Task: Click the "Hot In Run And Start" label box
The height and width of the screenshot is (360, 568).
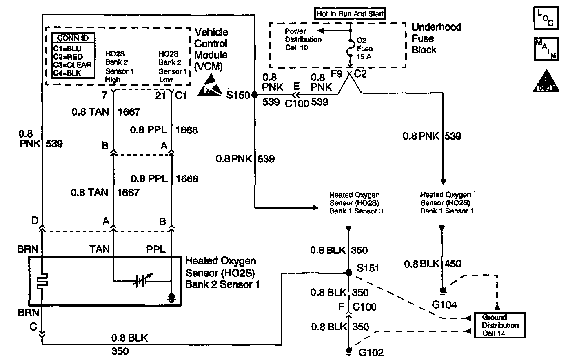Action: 351,14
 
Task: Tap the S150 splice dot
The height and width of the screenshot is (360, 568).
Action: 254,95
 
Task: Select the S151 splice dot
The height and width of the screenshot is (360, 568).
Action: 348,272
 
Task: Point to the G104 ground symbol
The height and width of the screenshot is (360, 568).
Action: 442,291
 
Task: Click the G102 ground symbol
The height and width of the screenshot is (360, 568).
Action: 348,350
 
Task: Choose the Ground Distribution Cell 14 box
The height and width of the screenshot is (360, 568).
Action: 500,325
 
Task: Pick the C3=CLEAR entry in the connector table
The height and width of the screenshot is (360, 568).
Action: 72,64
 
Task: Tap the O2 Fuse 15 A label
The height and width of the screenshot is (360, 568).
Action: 364,48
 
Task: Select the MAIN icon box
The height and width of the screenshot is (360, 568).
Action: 545,49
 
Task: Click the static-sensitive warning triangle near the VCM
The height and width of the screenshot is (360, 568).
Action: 211,87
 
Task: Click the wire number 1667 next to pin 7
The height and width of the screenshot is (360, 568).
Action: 129,112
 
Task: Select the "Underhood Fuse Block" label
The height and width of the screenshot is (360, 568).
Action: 436,38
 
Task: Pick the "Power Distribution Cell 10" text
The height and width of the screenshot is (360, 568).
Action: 303,39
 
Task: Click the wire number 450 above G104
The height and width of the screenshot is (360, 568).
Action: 453,264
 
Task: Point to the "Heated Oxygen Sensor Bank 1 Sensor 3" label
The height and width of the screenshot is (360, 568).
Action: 356,203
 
